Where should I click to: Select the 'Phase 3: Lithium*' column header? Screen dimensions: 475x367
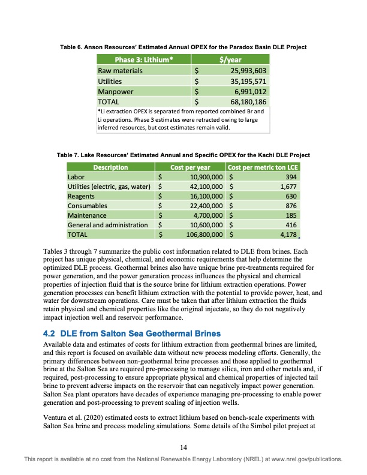point(145,59)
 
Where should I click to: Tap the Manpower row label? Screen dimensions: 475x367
point(115,91)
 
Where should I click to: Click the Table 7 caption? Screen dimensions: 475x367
point(183,155)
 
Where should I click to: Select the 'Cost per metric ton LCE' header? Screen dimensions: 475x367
point(263,167)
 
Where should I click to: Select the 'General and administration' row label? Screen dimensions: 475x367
point(108,224)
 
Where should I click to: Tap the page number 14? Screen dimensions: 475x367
point(183,446)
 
